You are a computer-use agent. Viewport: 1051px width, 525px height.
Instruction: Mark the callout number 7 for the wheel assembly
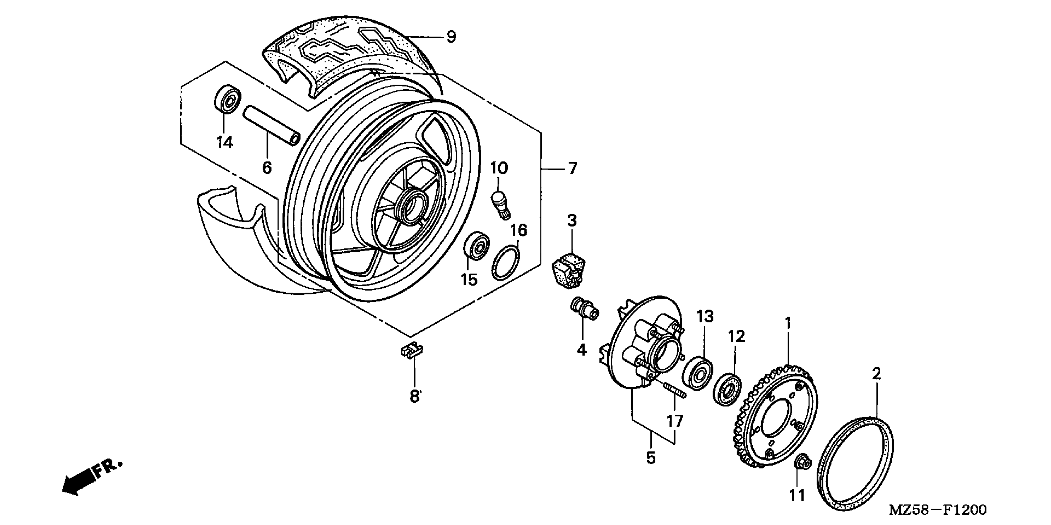click(572, 168)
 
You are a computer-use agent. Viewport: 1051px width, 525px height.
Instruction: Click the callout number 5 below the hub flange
click(651, 458)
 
